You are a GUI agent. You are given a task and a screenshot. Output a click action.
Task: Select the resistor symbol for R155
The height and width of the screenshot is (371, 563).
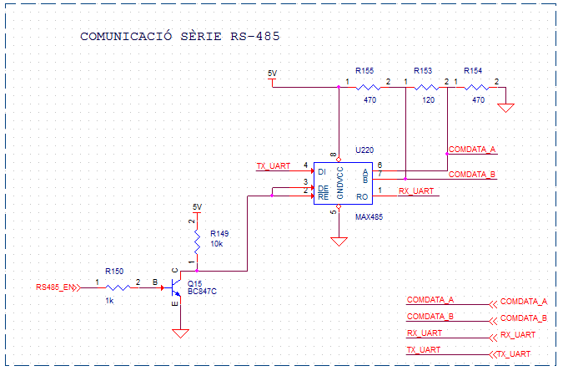368,86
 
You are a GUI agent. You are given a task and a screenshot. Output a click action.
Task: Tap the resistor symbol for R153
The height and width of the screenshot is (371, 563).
426,86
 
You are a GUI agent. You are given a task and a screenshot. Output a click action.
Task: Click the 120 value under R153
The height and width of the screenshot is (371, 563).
428,99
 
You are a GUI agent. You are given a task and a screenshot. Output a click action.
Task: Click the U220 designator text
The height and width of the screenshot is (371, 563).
364,150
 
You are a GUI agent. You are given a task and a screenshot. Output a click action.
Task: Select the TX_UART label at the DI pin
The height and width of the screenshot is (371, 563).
273,165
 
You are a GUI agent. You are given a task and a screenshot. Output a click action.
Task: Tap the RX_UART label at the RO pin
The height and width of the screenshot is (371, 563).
415,191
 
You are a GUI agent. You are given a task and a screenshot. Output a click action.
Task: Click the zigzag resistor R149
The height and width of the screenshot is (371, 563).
197,243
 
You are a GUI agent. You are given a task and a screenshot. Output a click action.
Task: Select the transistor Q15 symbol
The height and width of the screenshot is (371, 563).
175,287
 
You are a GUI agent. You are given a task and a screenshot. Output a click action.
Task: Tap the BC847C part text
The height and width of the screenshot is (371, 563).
204,292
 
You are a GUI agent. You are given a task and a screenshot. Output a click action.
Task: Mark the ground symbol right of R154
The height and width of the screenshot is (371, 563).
505,108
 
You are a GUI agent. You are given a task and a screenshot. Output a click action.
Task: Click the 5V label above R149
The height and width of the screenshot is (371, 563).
197,206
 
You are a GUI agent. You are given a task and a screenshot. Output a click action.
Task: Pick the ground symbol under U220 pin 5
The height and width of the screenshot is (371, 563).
339,241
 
